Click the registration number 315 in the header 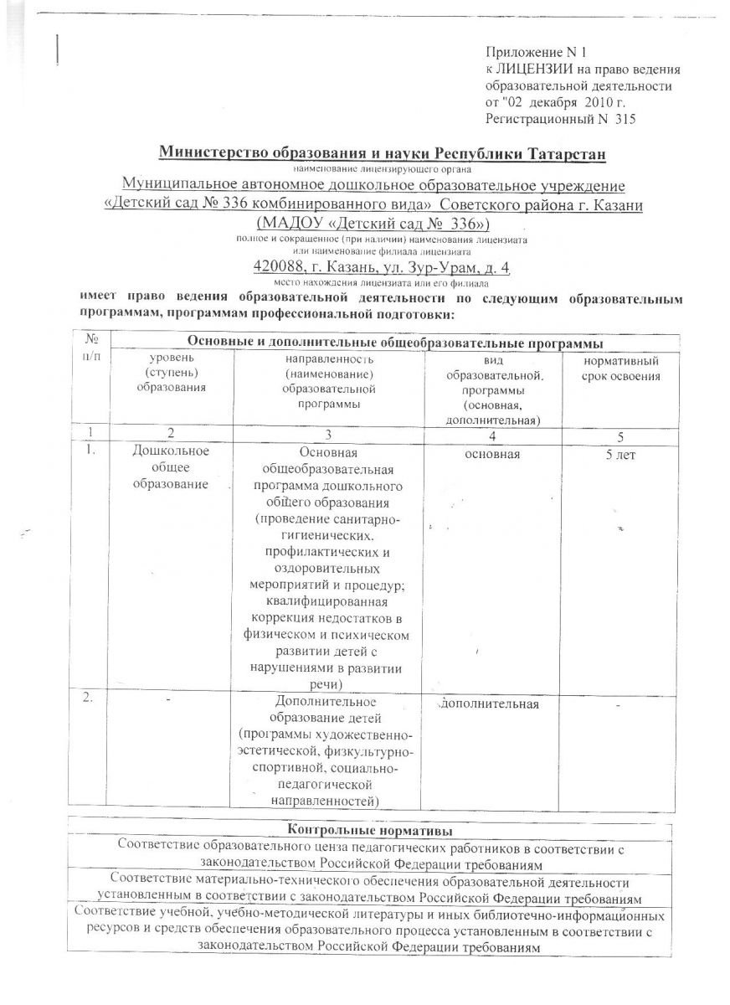point(625,119)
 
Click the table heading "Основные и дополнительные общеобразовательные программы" point(395,343)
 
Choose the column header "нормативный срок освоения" point(619,368)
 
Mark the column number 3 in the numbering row point(328,435)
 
